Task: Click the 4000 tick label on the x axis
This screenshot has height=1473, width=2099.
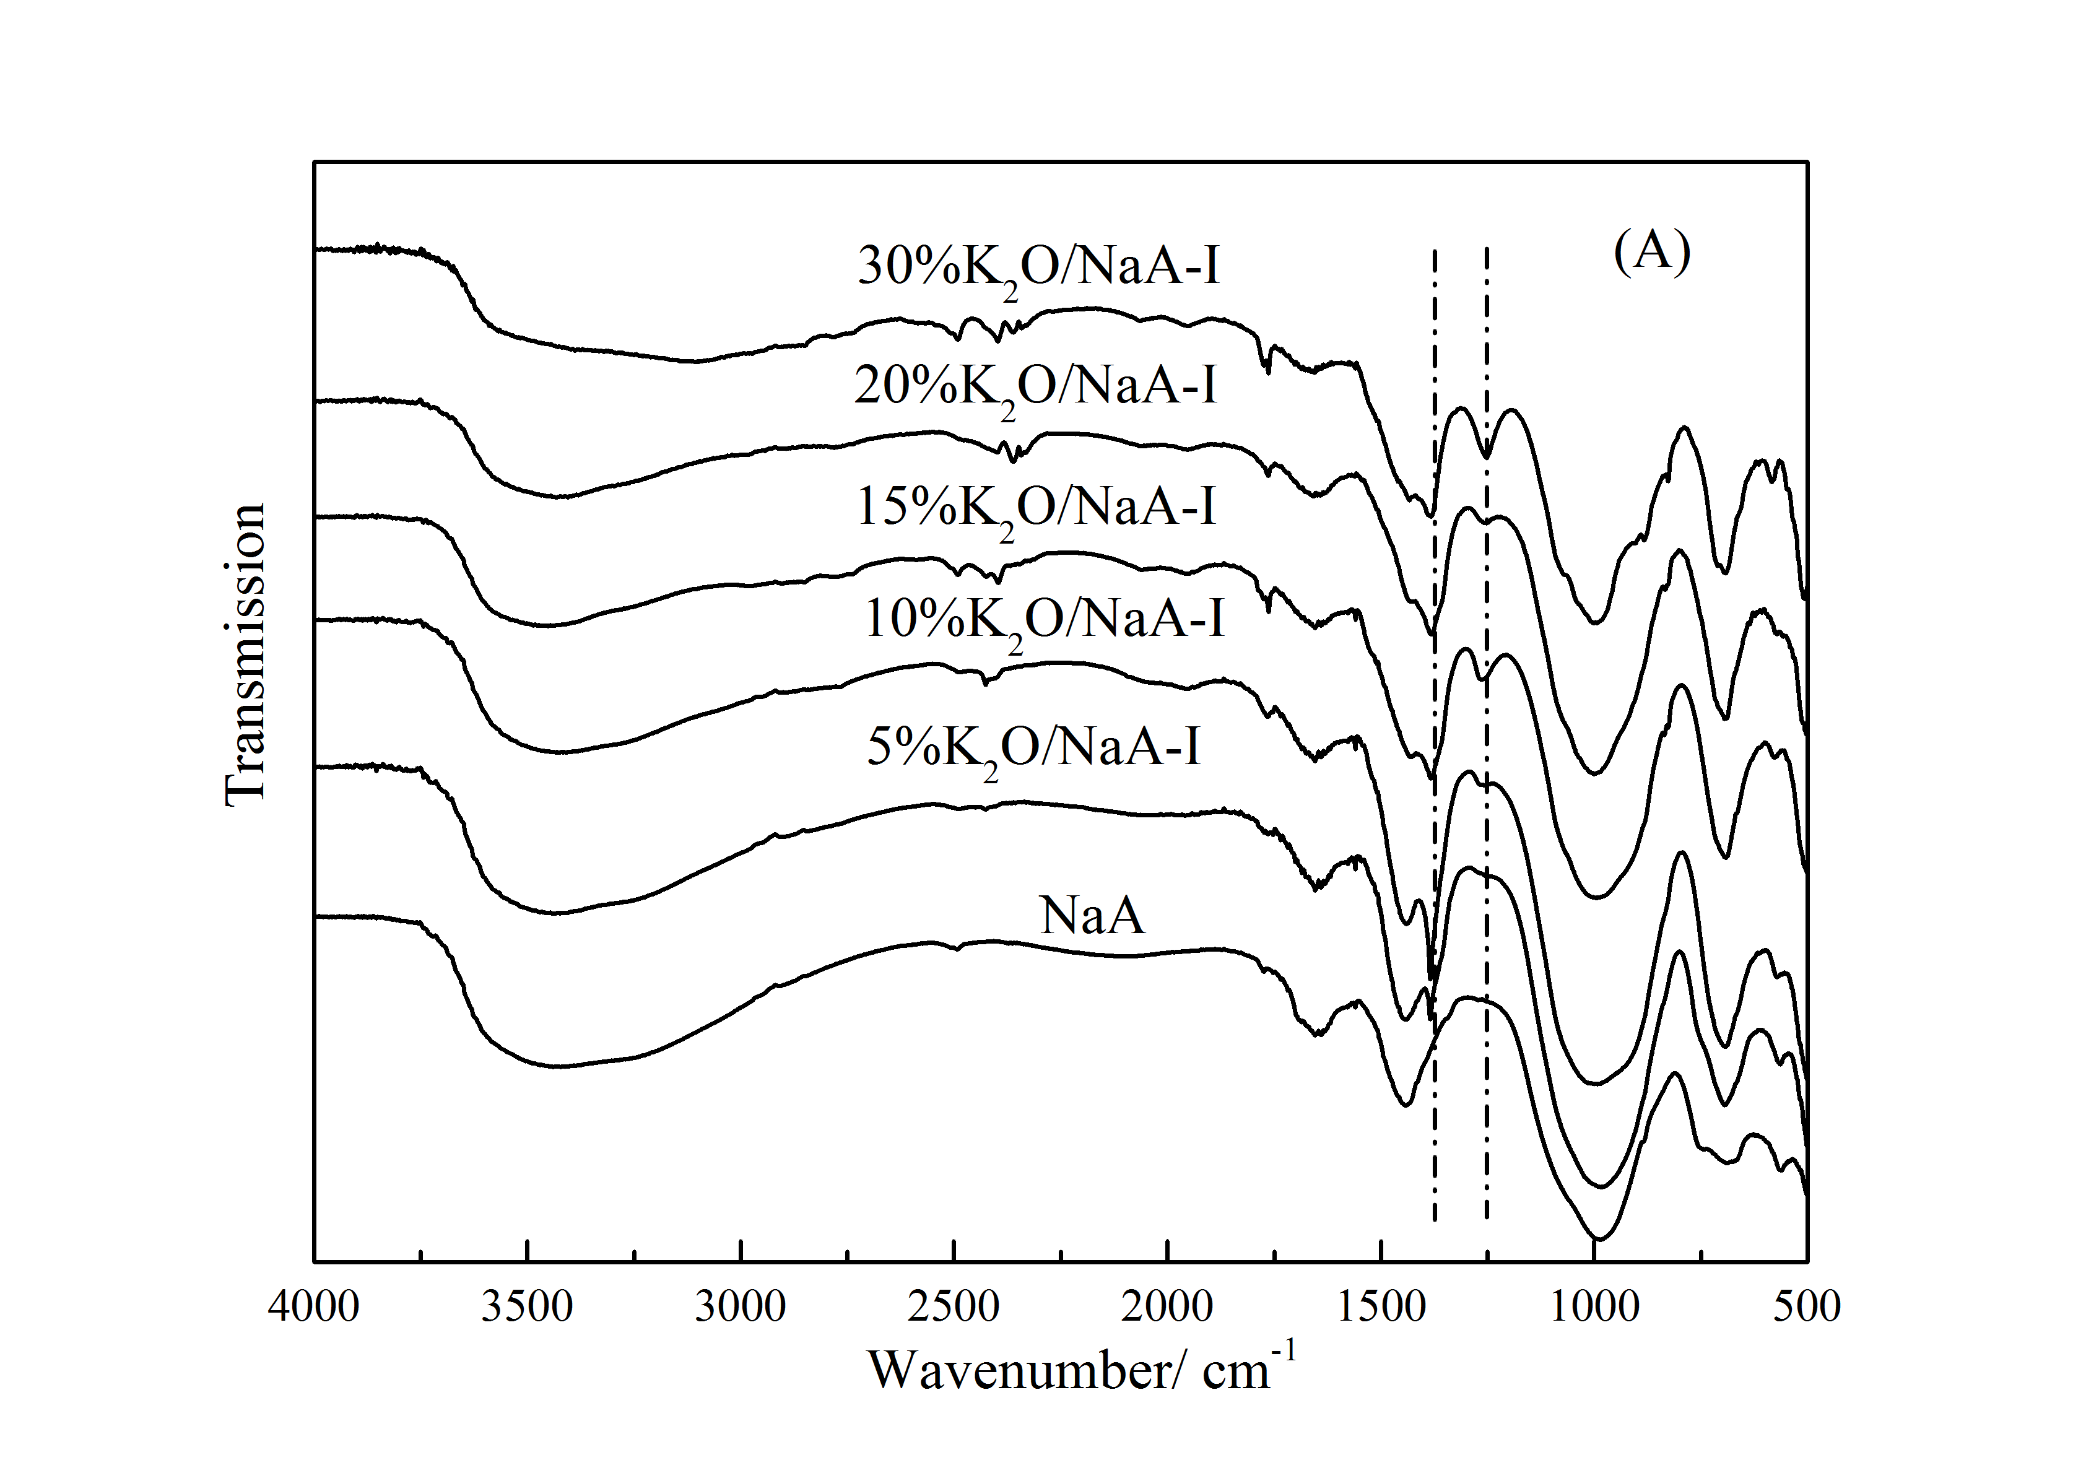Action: tap(313, 1306)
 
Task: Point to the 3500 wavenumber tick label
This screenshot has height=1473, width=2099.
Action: tap(528, 1306)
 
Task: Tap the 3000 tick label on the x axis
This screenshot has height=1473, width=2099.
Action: tap(741, 1306)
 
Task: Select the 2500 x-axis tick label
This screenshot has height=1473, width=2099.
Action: tap(954, 1306)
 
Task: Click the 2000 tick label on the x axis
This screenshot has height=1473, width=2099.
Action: tap(1167, 1306)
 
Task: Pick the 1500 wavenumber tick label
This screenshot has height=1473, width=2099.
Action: tap(1380, 1306)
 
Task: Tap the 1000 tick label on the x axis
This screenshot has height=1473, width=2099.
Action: tap(1594, 1306)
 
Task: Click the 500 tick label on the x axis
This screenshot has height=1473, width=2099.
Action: tap(1807, 1306)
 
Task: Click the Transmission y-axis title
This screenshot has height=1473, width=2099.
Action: tap(245, 654)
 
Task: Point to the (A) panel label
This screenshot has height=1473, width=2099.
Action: tap(1652, 251)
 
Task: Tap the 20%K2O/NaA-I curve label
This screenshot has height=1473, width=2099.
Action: tap(1036, 387)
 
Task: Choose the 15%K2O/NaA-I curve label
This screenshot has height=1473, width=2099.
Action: tap(1036, 508)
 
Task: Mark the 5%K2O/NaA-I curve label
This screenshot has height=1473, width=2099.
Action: tap(1033, 749)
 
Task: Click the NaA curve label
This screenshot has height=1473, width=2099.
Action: tap(1092, 915)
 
